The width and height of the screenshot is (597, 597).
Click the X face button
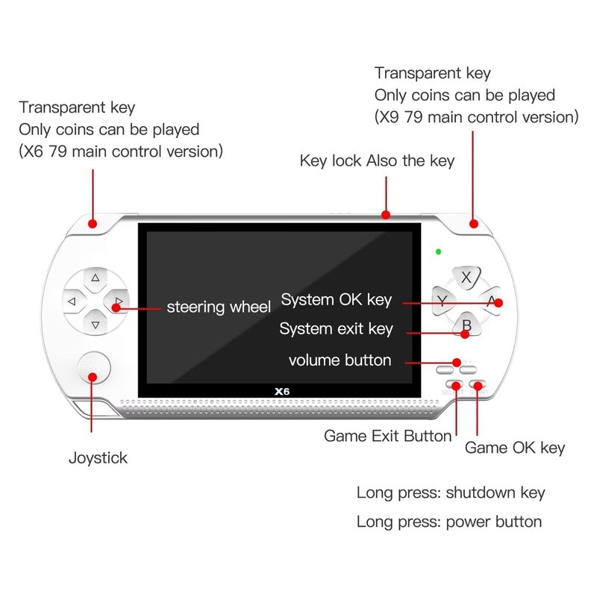(466, 278)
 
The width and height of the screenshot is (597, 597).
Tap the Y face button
(443, 301)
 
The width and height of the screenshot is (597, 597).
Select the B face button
(466, 325)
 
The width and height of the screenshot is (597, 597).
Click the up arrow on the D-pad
(95, 278)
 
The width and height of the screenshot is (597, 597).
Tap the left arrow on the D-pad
(72, 301)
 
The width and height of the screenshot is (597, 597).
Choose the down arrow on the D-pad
(95, 325)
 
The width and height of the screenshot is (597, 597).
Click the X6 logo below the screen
(281, 390)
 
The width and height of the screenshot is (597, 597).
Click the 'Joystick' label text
(98, 458)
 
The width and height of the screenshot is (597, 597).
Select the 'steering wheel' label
(218, 307)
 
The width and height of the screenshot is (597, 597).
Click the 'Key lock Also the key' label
(377, 160)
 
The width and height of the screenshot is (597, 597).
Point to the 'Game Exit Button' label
(387, 436)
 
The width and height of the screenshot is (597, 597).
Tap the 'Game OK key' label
(515, 448)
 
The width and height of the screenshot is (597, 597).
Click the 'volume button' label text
(340, 360)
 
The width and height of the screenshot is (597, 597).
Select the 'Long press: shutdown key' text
(451, 493)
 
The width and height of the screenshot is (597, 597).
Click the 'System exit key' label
(336, 329)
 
